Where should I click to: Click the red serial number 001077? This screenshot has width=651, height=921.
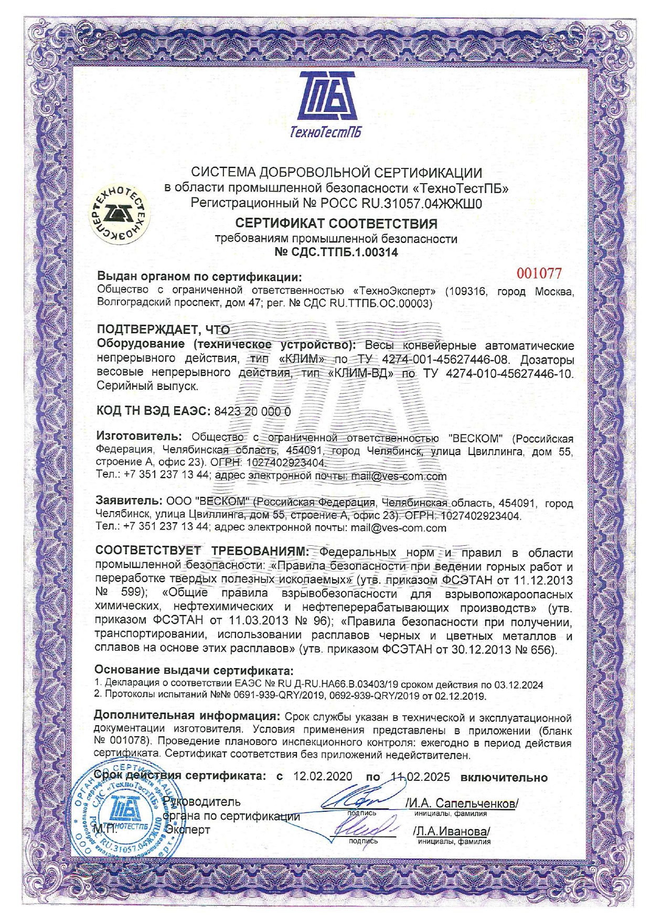(x=539, y=273)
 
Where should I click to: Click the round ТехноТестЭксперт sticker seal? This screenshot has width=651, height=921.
(x=120, y=216)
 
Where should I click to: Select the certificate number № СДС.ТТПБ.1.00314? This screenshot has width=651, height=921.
(x=336, y=252)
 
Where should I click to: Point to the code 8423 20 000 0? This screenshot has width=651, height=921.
(x=252, y=411)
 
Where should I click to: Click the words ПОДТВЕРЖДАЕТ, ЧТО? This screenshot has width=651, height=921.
(x=163, y=330)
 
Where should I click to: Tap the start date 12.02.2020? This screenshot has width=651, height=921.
(x=323, y=777)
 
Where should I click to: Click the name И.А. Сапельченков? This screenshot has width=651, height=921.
(x=462, y=803)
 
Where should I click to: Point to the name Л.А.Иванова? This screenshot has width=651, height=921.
(x=452, y=831)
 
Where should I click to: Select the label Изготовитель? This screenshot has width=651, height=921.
(x=138, y=437)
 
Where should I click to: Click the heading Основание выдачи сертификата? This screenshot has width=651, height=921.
(x=194, y=670)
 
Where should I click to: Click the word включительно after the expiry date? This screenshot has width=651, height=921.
(x=504, y=777)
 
